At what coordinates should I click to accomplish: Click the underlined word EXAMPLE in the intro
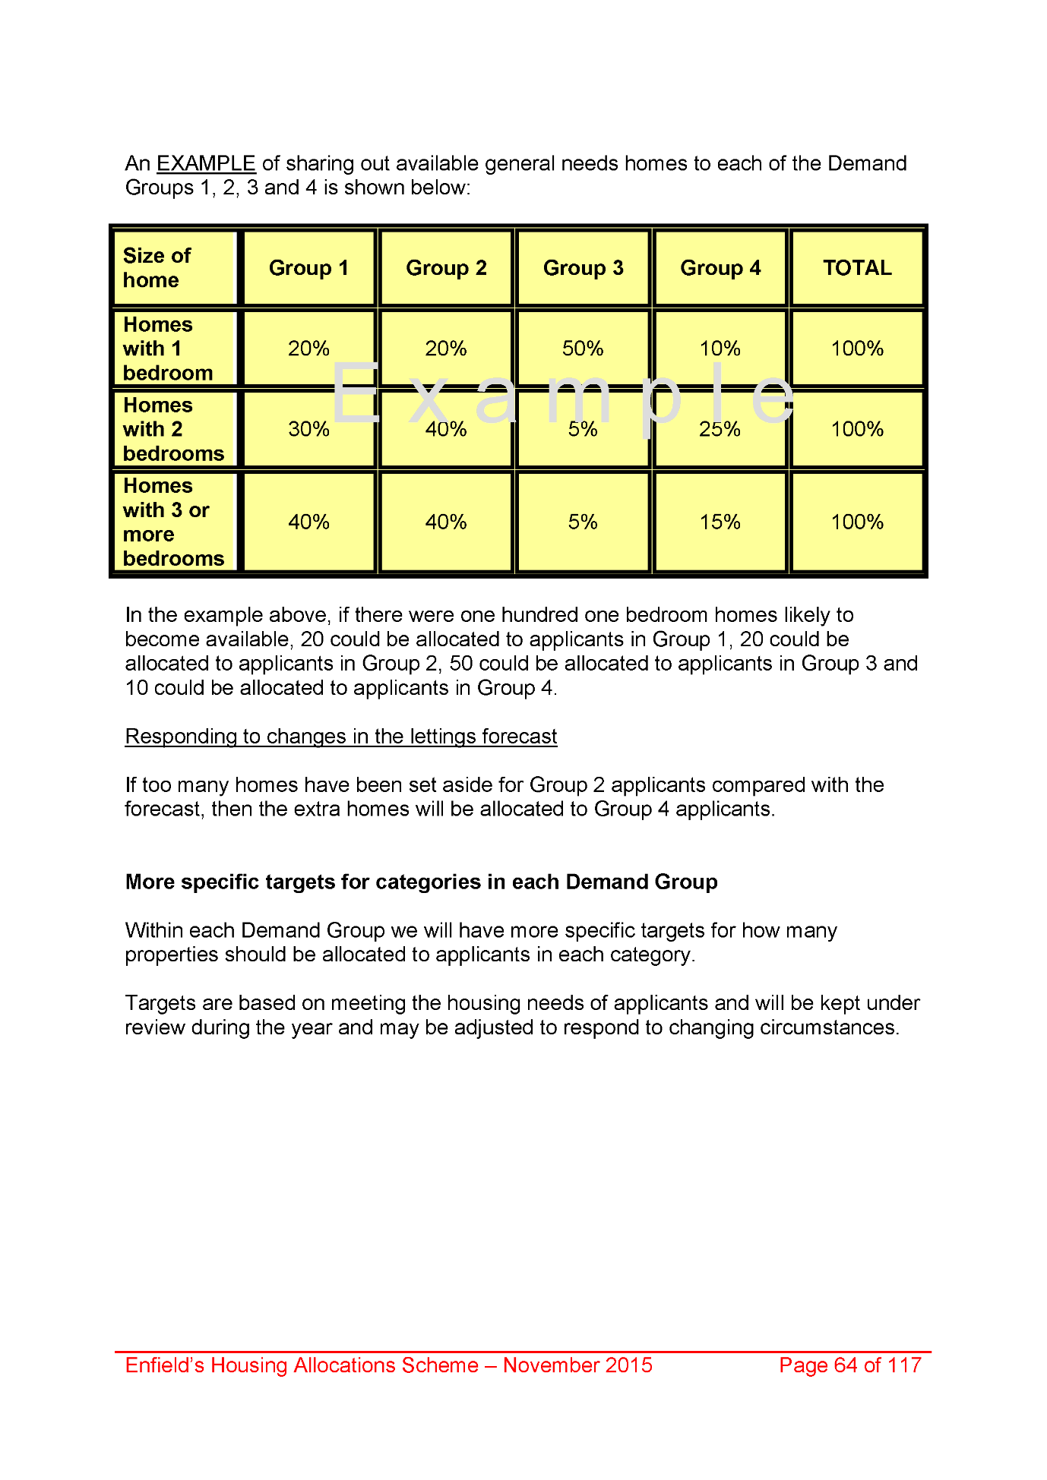pos(206,163)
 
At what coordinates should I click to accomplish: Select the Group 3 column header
pos(583,268)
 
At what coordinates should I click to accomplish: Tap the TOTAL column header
pos(857,268)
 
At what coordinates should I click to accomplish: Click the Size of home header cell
pos(174,268)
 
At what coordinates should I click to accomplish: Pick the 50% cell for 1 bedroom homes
pos(583,349)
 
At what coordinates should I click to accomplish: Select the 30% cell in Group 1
pos(308,429)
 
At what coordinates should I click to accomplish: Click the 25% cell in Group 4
pos(720,429)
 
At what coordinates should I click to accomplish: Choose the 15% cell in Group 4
pos(720,522)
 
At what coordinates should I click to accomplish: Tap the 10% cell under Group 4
pos(720,349)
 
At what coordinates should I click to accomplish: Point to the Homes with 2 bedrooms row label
pos(174,429)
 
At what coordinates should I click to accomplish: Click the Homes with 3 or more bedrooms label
pos(174,522)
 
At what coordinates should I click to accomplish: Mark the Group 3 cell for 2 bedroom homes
pos(583,429)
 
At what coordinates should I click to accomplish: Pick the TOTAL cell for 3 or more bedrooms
pos(857,522)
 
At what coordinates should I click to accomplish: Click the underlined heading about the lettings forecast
pos(341,737)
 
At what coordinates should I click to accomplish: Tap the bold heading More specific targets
pos(421,882)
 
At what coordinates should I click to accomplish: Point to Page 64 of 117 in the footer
pos(850,1365)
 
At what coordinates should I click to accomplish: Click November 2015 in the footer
pos(577,1365)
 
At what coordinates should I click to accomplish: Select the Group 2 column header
pos(446,268)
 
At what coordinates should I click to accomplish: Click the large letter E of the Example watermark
pos(356,393)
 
